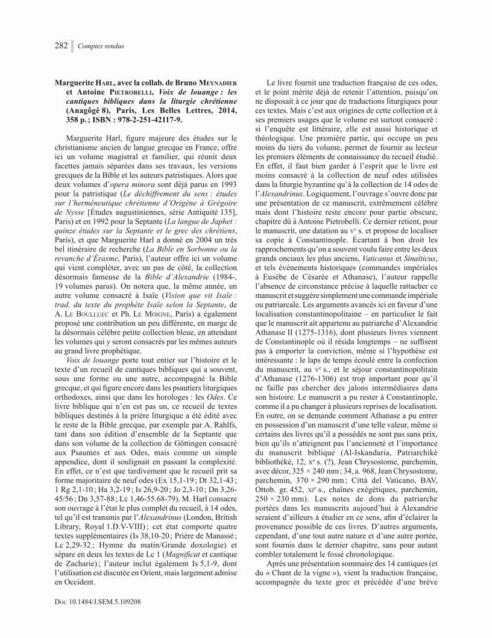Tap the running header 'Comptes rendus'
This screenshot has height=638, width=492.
coord(101,47)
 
